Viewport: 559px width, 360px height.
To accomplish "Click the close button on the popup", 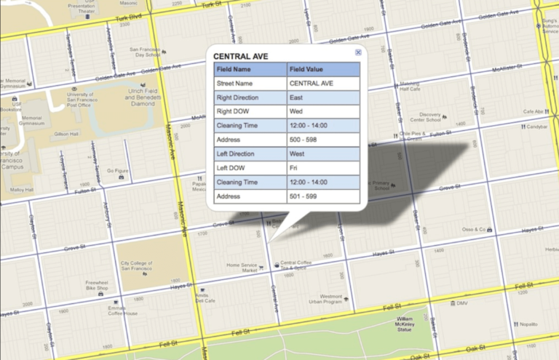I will coord(358,53).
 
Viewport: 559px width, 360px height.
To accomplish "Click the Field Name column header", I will coord(250,70).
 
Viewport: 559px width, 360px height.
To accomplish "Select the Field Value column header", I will coord(323,70).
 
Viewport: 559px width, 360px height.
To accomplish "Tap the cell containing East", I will coord(323,97).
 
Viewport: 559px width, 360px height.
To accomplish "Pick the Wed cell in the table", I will coord(323,111).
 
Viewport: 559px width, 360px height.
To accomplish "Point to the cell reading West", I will coord(323,154).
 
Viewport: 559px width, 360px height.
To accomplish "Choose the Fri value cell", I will coord(323,168).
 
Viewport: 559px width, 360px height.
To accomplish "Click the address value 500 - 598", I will coord(323,140).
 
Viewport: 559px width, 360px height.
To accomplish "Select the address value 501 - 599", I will coord(323,196).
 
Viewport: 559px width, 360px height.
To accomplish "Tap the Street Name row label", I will coord(250,84).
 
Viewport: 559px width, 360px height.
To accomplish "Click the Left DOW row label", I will coord(250,168).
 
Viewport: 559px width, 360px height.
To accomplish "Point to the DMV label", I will coord(463,303).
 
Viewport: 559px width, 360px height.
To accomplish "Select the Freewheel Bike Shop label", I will coord(97,285).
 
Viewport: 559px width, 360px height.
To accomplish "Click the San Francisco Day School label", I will coord(145,52).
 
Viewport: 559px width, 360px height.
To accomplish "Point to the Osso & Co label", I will coord(473,230).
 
